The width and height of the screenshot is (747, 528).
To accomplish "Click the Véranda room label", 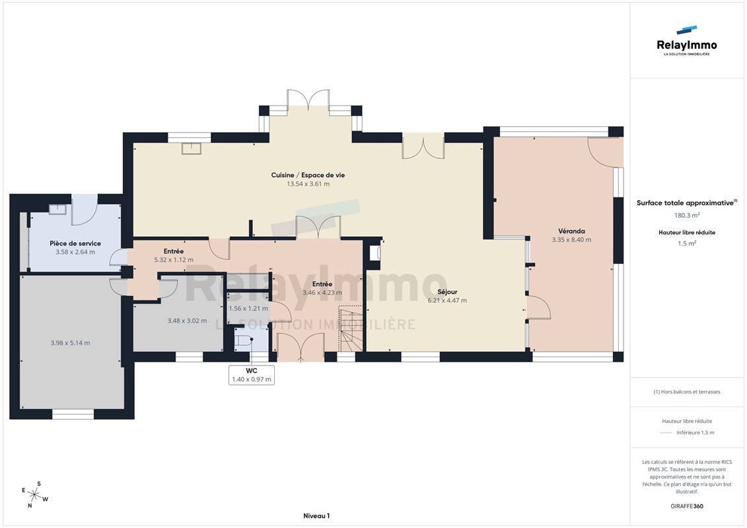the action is coord(571,231).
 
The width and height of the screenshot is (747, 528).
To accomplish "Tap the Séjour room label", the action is coord(447,292).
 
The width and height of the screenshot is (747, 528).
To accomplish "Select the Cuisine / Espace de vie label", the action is coord(308,175).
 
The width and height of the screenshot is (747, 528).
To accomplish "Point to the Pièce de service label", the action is coord(75,244).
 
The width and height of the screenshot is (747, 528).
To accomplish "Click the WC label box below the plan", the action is coord(252,375).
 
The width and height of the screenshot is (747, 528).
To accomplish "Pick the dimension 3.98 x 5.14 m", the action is coord(70,343).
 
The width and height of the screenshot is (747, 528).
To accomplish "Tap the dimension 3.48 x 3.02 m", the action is coord(187,321).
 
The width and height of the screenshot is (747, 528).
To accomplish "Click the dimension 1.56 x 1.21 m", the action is coord(248,308).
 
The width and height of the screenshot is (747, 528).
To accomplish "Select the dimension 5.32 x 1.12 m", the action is coord(174,260).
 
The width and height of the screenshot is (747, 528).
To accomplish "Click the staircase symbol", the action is coord(351,329).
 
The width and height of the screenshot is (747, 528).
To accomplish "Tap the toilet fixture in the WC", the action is coord(244,340).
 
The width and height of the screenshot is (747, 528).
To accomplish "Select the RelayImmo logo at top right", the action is coord(686,41).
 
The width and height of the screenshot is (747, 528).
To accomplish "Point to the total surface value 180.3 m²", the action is coord(686,215).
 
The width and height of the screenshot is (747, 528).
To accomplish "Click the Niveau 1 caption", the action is coord(316,515).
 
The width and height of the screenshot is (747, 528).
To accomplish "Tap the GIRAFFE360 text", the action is coord(686,506).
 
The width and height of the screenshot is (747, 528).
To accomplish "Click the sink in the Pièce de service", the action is coord(57,209).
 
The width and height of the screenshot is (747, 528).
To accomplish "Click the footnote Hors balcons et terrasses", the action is coord(686,392).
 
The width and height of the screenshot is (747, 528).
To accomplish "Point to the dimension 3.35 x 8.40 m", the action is coord(571,240).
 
